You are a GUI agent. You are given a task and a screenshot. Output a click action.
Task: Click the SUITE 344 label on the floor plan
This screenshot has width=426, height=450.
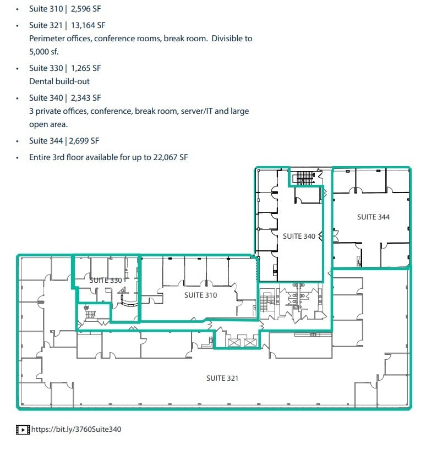373,217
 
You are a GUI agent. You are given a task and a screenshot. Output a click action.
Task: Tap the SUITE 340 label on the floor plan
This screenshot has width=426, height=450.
299,237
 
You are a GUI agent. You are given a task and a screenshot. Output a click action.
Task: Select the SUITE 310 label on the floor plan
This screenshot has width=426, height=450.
200,295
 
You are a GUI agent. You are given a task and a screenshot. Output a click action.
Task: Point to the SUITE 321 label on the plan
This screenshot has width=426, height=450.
222,378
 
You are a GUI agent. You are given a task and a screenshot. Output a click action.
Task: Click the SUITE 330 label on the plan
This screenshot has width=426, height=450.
105,281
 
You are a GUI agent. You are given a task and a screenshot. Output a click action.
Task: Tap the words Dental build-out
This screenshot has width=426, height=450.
59,81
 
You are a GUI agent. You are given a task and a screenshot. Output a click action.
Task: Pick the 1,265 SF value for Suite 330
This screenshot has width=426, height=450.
86,68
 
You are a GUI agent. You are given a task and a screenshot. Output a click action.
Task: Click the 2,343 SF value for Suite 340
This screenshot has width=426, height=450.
86,98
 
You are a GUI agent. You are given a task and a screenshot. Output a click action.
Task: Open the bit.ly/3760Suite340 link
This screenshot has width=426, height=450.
76,429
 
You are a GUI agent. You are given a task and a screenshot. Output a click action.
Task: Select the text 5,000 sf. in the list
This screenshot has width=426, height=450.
43,52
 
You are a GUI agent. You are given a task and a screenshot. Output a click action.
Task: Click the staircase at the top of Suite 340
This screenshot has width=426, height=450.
304,177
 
